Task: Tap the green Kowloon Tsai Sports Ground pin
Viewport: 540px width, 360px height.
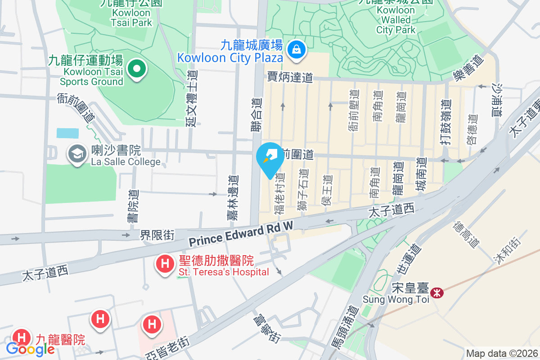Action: pyautogui.click(x=137, y=69)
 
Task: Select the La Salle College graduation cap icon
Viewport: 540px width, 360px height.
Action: pyautogui.click(x=77, y=154)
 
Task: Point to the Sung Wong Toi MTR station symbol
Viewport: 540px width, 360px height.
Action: pyautogui.click(x=436, y=293)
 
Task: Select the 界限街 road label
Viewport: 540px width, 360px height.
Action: pyautogui.click(x=157, y=235)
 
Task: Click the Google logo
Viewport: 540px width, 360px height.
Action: pyautogui.click(x=30, y=349)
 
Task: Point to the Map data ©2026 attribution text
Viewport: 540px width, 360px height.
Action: pyautogui.click(x=502, y=354)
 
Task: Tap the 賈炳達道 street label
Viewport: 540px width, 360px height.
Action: pyautogui.click(x=290, y=77)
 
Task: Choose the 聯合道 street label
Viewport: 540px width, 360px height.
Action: pyautogui.click(x=256, y=115)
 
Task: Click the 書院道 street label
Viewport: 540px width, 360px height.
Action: pyautogui.click(x=133, y=206)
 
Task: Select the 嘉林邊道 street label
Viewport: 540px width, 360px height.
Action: pyautogui.click(x=233, y=198)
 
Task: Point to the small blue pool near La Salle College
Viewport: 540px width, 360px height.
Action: pyautogui.click(x=67, y=133)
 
